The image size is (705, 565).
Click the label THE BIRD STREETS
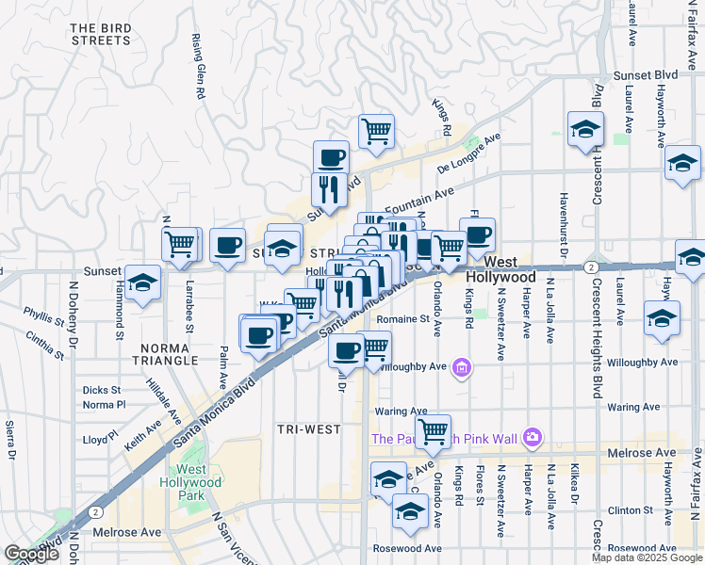[x=100, y=35]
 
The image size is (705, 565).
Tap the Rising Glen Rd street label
[x=199, y=67]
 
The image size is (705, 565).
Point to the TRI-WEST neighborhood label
[x=308, y=429]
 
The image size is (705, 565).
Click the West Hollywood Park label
[x=199, y=476]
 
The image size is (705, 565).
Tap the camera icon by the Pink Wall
[x=533, y=437]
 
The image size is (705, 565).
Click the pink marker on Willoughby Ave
[x=461, y=367]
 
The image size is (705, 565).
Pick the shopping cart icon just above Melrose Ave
[x=432, y=431]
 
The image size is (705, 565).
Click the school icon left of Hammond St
[x=142, y=282]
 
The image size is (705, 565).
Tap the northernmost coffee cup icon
[x=330, y=157]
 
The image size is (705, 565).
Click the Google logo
[x=31, y=554]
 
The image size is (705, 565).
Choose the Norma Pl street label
[x=104, y=405]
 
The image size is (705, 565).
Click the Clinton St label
[x=625, y=510]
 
